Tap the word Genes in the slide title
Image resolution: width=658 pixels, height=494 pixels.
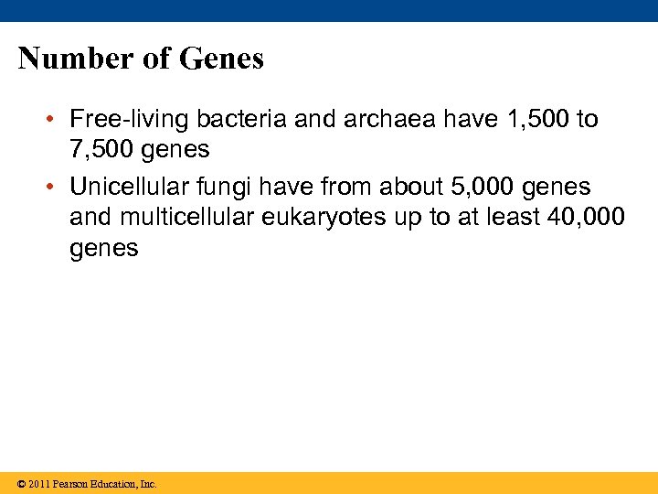[221, 59]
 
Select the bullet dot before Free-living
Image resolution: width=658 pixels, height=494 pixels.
[55, 120]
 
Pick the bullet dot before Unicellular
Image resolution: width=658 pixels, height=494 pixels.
[55, 188]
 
